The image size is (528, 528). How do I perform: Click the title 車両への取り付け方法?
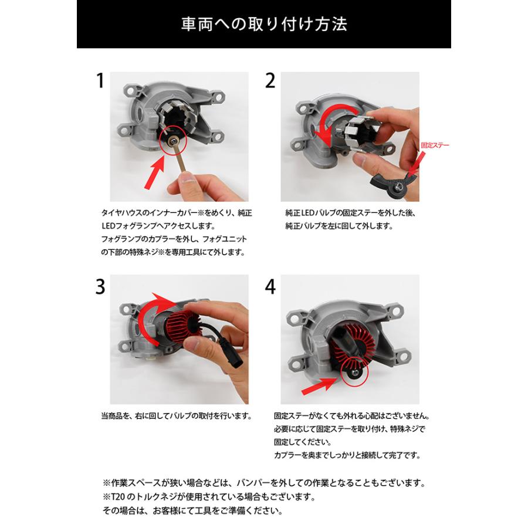click(264, 24)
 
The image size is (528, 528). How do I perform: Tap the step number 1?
click(100, 81)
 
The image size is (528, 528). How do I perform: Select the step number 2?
click(270, 81)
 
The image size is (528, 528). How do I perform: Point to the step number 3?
click(100, 287)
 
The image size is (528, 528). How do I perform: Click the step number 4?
click(270, 287)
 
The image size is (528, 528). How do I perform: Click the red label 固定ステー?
click(435, 145)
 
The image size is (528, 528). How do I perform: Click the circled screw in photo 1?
click(172, 140)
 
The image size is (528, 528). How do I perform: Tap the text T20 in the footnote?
click(117, 497)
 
